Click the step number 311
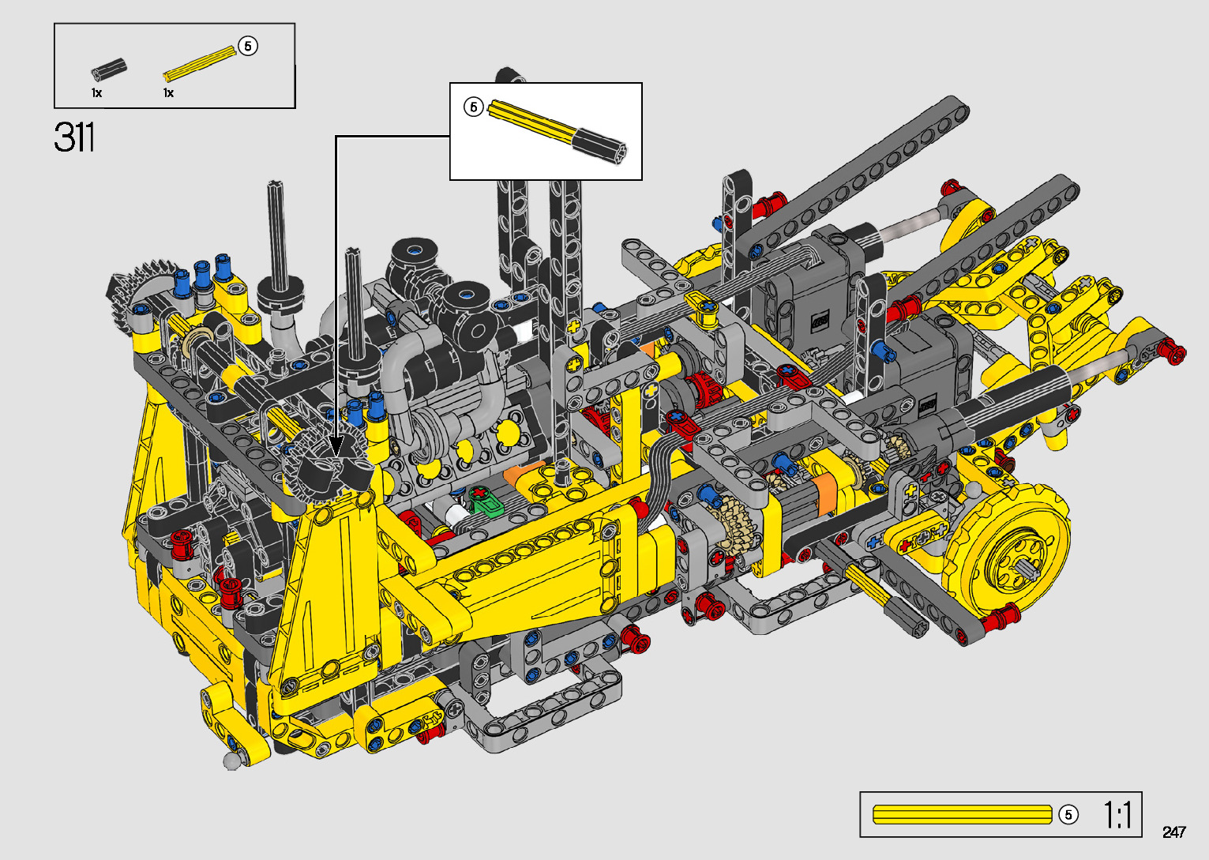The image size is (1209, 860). pos(74,137)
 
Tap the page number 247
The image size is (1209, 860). pos(1174,832)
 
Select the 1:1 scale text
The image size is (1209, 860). pos(1117,815)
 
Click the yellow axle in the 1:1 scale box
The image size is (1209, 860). pos(963,815)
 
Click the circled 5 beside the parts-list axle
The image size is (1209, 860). pos(248,46)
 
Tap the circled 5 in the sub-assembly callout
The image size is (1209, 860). pos(473,107)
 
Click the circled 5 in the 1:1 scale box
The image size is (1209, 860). pos(1068,815)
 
